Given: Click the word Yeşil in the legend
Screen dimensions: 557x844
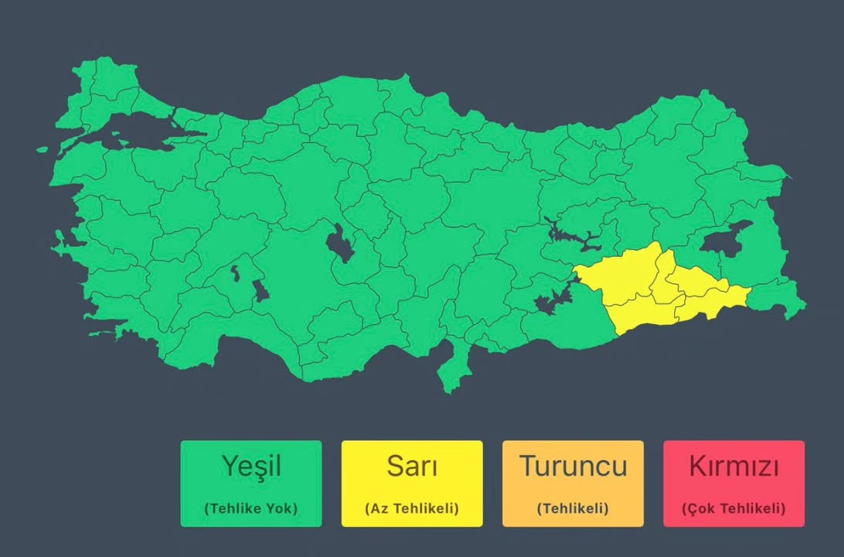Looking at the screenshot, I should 251,466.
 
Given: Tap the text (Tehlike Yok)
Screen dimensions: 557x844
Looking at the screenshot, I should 251,508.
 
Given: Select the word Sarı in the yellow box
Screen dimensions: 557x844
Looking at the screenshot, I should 412,466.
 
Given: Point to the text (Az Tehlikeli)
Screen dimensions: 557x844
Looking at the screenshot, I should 412,508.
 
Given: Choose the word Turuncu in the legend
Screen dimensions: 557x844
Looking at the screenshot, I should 573,466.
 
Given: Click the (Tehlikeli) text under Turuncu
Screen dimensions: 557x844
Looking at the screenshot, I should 573,508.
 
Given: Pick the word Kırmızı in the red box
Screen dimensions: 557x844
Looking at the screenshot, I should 733,466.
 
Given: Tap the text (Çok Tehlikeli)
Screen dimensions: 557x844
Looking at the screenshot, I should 733,508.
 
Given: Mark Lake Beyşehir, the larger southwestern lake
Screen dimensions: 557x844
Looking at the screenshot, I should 260,291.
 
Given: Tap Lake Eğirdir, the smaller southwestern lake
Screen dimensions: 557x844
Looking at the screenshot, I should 234,272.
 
